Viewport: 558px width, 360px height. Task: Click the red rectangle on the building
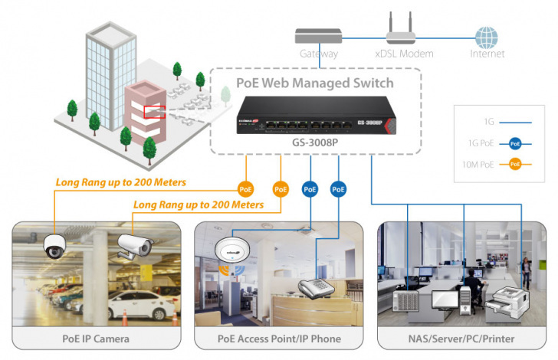click(x=155, y=112)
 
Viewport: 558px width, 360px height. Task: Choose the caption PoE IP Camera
click(x=95, y=338)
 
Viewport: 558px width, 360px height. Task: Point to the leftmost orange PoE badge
click(x=246, y=188)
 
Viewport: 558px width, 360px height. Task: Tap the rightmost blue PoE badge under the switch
click(x=337, y=188)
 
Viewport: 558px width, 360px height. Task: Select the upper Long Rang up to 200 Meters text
click(x=120, y=183)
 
